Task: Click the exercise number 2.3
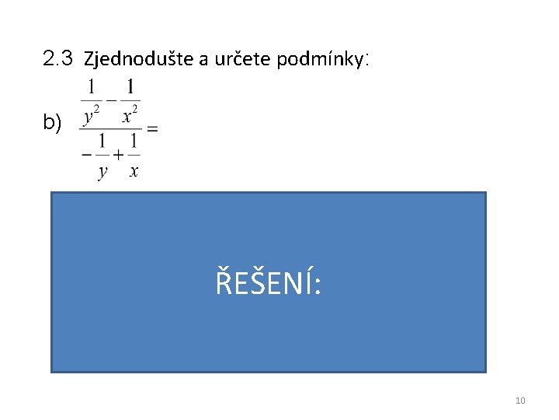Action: tap(58, 58)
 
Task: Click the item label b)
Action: tap(52, 122)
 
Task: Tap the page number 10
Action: tap(520, 401)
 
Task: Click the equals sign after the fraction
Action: tap(152, 129)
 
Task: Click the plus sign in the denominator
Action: tap(117, 153)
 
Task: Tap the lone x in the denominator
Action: tap(134, 171)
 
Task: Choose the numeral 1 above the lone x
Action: tap(134, 142)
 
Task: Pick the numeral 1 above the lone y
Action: tap(102, 142)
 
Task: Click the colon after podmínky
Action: tap(365, 59)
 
